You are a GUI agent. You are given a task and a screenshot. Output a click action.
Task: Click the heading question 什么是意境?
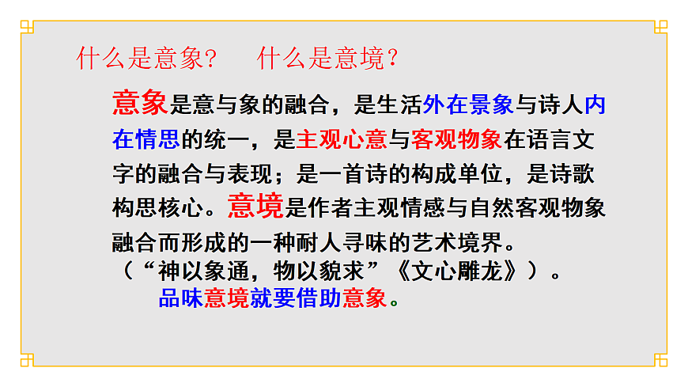[327, 59]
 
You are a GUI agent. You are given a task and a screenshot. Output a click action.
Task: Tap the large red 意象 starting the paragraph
[140, 103]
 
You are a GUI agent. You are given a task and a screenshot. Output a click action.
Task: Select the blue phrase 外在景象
[468, 104]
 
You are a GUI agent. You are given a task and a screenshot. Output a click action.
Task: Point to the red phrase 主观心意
[341, 141]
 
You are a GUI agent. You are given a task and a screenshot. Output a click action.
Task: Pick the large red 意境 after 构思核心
[255, 207]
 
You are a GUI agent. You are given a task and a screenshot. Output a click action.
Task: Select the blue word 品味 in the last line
[181, 298]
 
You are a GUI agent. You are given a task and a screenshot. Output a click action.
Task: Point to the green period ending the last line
[395, 302]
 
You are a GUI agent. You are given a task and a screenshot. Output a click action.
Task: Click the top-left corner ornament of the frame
[27, 27]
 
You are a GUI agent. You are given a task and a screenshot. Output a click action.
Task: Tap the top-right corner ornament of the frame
[661, 27]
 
